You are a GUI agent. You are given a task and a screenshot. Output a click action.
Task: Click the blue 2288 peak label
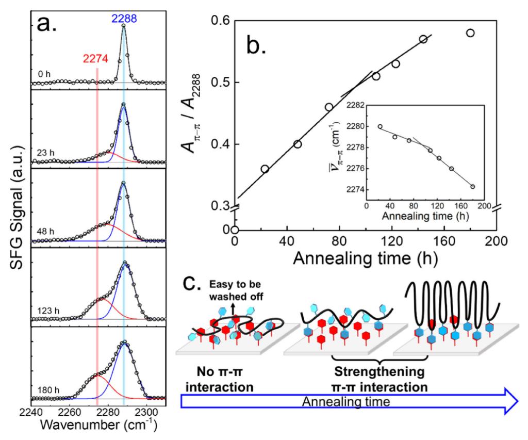pyautogui.click(x=123, y=18)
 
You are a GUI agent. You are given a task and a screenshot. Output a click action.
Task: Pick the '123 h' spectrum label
pyautogui.click(x=48, y=312)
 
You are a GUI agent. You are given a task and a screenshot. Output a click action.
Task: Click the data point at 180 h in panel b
pyautogui.click(x=470, y=33)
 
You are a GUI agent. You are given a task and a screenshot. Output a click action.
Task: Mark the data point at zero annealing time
pyautogui.click(x=235, y=230)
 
